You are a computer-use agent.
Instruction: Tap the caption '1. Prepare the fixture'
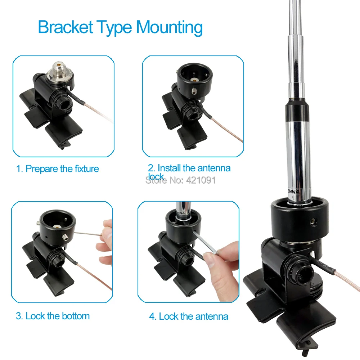(58, 168)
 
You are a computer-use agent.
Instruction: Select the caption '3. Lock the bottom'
(53, 316)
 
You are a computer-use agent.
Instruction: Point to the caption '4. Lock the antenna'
(189, 316)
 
